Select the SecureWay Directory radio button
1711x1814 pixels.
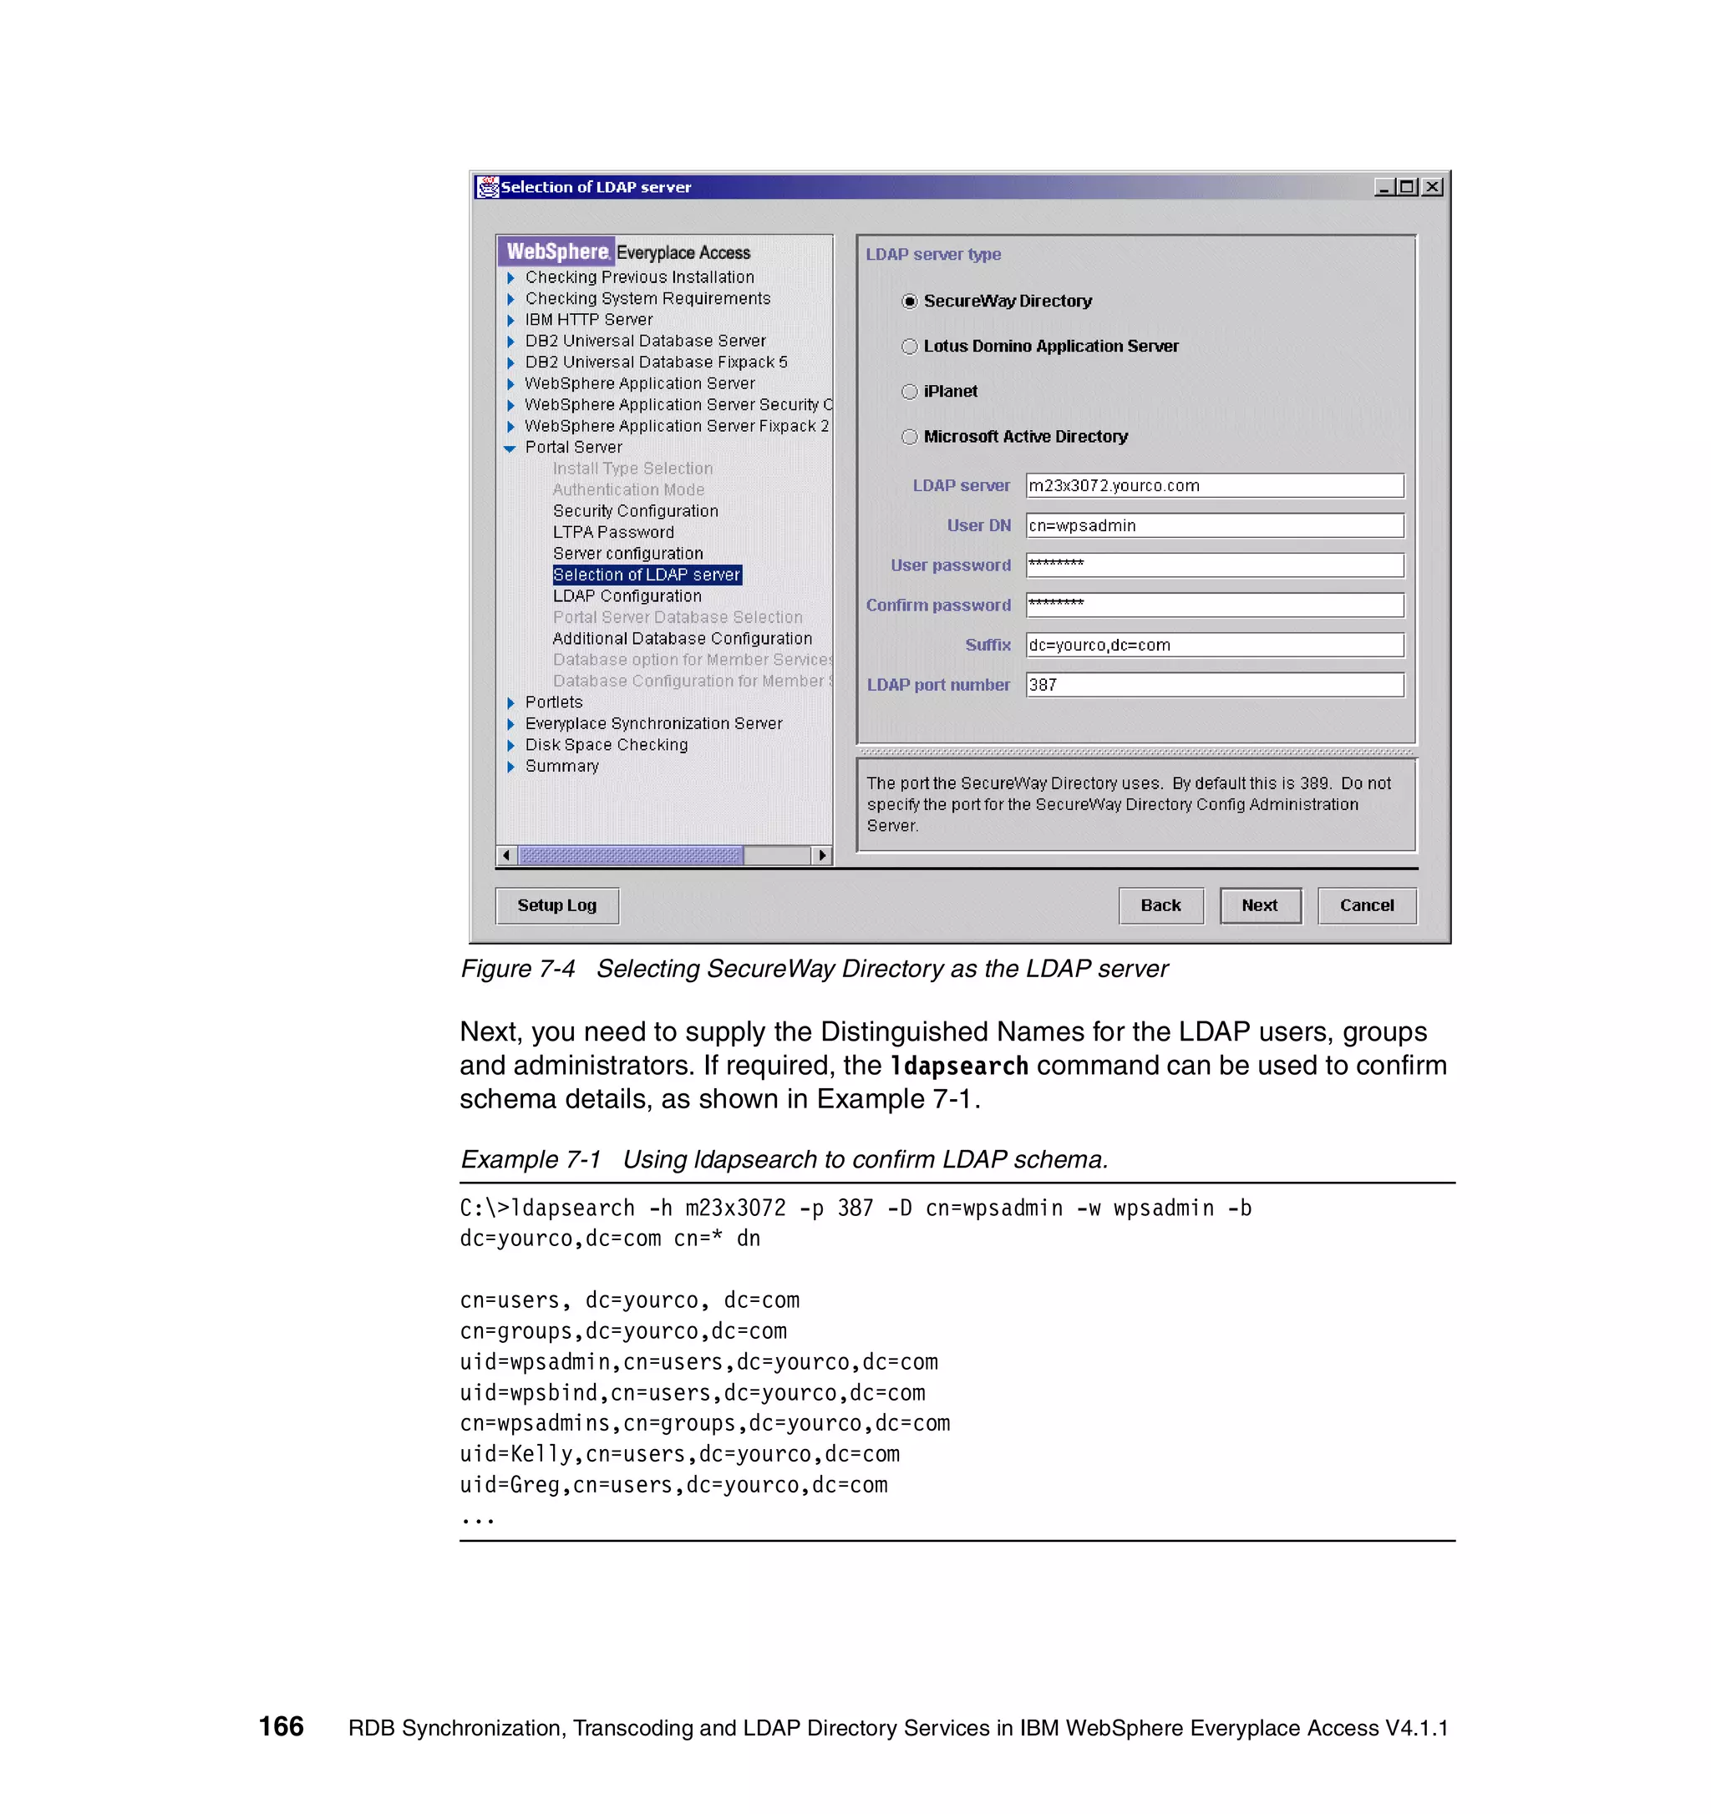point(909,301)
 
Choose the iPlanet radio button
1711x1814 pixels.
point(909,392)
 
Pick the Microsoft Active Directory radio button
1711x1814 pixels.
point(909,437)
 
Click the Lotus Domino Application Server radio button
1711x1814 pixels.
point(909,347)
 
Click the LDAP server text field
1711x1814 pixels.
point(1214,485)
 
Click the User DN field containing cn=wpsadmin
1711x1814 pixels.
point(1214,525)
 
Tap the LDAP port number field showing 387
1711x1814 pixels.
point(1214,686)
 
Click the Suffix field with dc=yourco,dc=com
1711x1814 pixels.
point(1214,645)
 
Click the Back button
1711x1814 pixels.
point(1160,905)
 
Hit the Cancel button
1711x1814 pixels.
point(1366,905)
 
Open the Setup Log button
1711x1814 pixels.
point(556,905)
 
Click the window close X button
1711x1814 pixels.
point(1433,187)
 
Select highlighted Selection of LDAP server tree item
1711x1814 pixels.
point(646,575)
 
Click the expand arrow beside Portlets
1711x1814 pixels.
point(510,702)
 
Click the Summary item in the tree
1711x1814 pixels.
point(561,767)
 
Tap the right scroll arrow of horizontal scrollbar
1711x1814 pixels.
point(822,856)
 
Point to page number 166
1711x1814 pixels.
point(281,1726)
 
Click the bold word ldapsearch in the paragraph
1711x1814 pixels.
point(958,1066)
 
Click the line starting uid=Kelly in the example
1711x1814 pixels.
point(679,1455)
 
